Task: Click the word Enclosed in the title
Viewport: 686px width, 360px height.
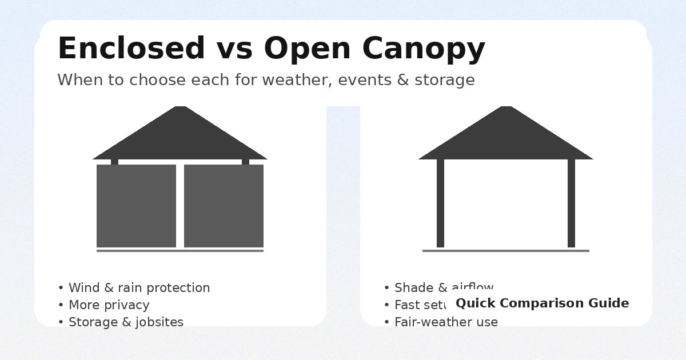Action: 131,49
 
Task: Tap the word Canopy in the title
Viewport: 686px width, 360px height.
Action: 424,49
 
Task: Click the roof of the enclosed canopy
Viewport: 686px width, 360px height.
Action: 180,137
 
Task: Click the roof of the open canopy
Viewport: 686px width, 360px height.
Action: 506,137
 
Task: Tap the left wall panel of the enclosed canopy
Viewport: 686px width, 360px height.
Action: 136,206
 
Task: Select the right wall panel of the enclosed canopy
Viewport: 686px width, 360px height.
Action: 224,206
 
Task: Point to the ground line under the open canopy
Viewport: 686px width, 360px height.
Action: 506,251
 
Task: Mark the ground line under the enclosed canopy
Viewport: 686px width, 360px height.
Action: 180,251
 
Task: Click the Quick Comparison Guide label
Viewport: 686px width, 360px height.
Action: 542,303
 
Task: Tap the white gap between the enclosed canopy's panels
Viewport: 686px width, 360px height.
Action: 180,206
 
